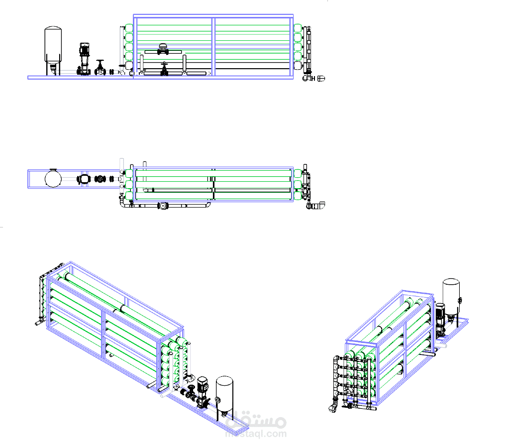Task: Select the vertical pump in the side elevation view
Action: [x=84, y=59]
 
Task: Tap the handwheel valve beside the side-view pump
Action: [x=100, y=68]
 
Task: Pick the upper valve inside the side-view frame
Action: [x=163, y=49]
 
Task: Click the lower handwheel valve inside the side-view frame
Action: [x=164, y=69]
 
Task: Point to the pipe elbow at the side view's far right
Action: [x=321, y=79]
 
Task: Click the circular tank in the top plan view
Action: [x=53, y=178]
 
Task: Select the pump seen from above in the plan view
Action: [x=83, y=179]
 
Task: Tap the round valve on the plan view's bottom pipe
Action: [x=163, y=206]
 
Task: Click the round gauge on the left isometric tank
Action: [x=218, y=400]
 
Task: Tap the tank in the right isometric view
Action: [x=451, y=297]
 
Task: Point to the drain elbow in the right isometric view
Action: [x=333, y=408]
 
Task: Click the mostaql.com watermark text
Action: [x=256, y=434]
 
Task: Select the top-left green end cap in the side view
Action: [x=129, y=28]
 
